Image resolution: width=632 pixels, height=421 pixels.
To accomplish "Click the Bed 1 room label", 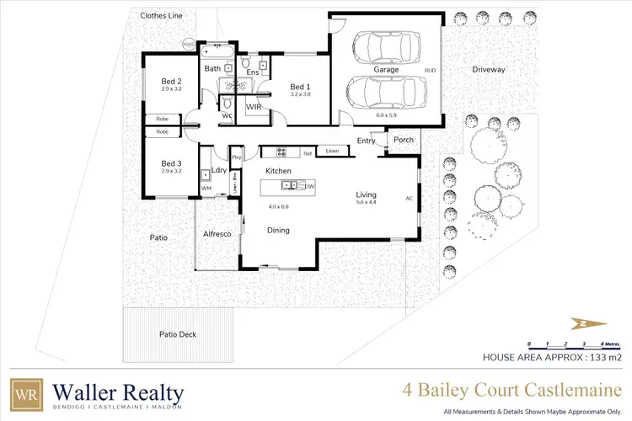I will point(300,87).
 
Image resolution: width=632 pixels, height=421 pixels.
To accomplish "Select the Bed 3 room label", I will point(172,163).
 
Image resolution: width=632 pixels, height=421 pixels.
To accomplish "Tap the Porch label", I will point(404,140).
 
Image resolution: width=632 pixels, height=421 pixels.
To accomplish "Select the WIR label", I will point(254,108).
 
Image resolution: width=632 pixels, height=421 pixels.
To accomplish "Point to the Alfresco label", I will point(217,235).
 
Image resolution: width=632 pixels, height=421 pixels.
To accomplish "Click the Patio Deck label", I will point(177,334).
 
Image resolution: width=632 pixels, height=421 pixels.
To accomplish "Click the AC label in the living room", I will point(410,199).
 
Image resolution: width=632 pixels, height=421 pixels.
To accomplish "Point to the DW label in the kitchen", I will point(310,186).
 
